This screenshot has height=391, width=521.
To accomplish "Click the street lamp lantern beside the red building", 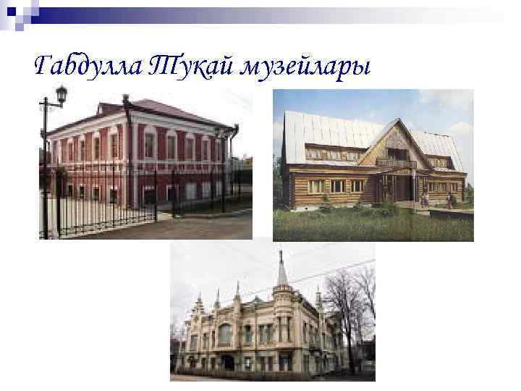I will [x=62, y=93].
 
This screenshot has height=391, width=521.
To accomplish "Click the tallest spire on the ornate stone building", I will [x=281, y=272].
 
